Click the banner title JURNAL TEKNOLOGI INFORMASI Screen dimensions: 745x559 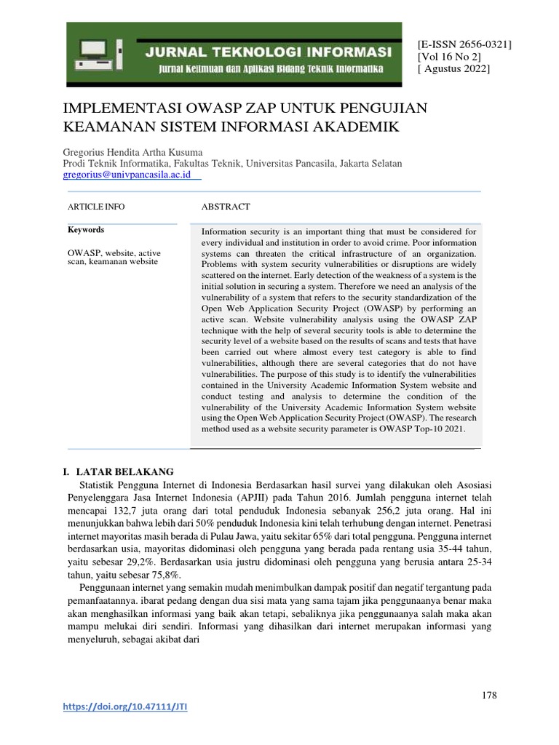269,52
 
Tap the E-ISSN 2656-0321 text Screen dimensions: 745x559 464,44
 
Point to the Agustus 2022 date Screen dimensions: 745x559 453,69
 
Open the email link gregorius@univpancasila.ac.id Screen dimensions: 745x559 127,175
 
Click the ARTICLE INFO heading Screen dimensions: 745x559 96,207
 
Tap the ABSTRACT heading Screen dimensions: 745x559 226,207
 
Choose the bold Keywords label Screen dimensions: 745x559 86,230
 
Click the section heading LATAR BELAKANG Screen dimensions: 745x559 129,472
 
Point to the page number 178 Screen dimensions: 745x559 489,696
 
